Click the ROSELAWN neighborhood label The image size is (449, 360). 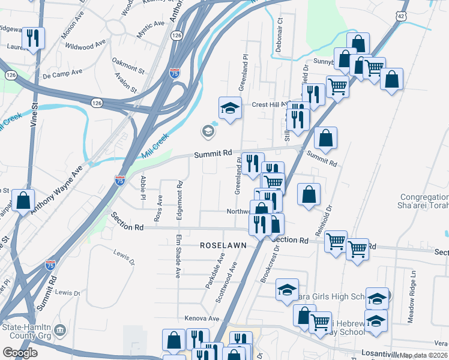pyautogui.click(x=221, y=246)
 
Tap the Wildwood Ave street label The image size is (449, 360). pyautogui.click(x=85, y=45)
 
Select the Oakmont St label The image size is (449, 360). pyautogui.click(x=128, y=65)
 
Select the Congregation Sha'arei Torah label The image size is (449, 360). pyautogui.click(x=424, y=201)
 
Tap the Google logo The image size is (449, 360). pyautogui.click(x=20, y=353)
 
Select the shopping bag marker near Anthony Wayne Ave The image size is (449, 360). pyautogui.click(x=23, y=200)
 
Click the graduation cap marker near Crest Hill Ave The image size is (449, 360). pyautogui.click(x=229, y=108)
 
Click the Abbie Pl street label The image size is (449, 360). pyautogui.click(x=143, y=187)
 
